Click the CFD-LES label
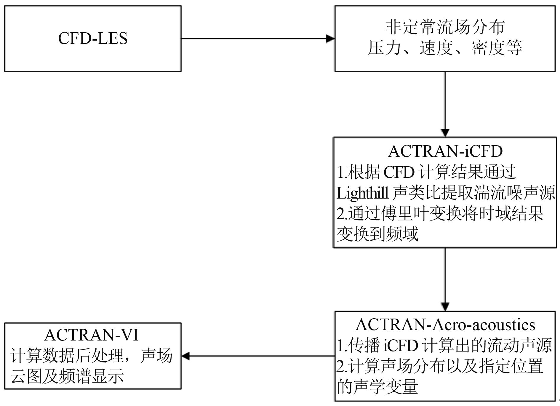pyautogui.click(x=93, y=39)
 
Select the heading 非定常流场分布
pyautogui.click(x=445, y=28)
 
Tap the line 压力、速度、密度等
pyautogui.click(x=445, y=48)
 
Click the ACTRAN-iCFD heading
pyautogui.click(x=445, y=151)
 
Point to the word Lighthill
pyautogui.click(x=362, y=193)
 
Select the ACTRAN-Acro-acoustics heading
pyautogui.click(x=445, y=325)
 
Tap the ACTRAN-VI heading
pyautogui.click(x=92, y=335)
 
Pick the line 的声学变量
pyautogui.click(x=377, y=386)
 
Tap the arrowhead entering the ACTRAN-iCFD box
pyautogui.click(x=445, y=133)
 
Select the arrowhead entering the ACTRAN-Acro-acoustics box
pyautogui.click(x=445, y=306)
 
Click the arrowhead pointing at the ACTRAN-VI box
pyautogui.click(x=186, y=356)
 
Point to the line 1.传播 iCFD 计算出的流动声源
pyautogui.click(x=444, y=345)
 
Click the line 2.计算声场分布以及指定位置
pyautogui.click(x=440, y=366)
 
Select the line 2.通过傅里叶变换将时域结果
pyautogui.click(x=440, y=214)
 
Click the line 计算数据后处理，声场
pyautogui.click(x=92, y=356)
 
